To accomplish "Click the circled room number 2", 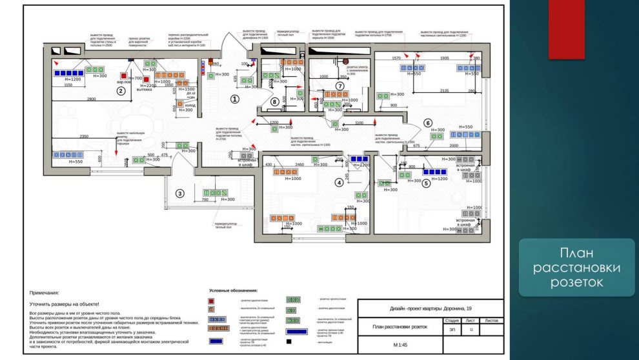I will tap(120, 91).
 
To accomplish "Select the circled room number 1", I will tap(235, 99).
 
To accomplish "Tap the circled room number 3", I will tap(180, 193).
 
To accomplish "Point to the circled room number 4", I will tap(338, 182).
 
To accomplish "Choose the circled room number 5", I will tap(426, 183).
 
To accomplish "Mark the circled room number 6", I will tap(427, 123).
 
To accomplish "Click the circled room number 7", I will tap(340, 85).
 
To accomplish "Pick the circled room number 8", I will tap(275, 101).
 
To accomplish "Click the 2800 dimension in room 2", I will tap(92, 99).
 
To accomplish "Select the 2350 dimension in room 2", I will tap(84, 136).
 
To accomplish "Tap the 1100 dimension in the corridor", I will tap(359, 123).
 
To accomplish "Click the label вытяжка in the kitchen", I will tap(145, 90).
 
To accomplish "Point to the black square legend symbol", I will tap(290, 341).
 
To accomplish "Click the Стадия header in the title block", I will tap(452, 319).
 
